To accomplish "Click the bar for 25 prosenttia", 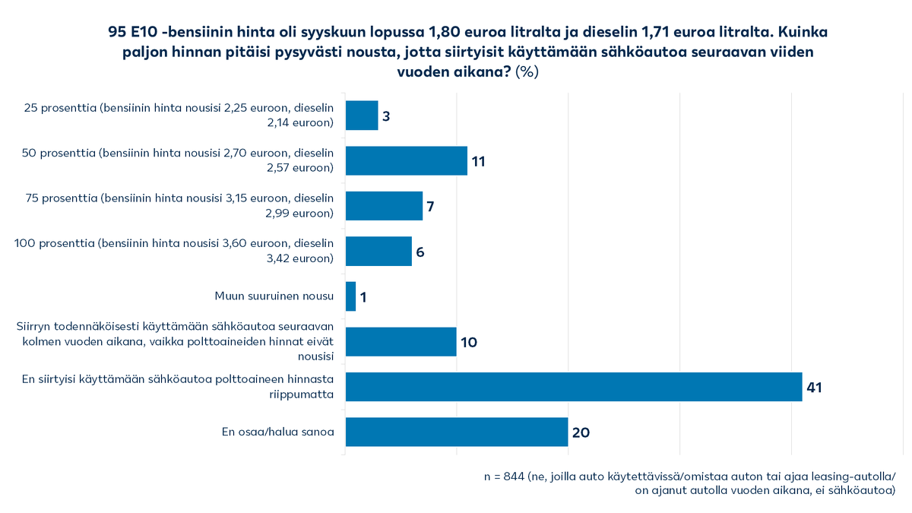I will pos(362,116).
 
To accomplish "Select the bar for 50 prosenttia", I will pos(407,160).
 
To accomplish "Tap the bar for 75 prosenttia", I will pos(384,206).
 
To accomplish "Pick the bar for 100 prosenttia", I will pos(378,251).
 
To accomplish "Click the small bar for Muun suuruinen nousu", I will pos(351,296).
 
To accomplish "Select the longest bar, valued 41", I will pos(574,387).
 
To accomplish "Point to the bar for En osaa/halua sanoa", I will pos(457,432).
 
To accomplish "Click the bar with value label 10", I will pos(401,341).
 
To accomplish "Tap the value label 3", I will pos(386,116).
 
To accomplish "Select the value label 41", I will pos(815,388).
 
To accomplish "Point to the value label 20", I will pos(581,432).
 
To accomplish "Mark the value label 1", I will pos(363,297).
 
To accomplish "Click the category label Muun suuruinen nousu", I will pos(274,296).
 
